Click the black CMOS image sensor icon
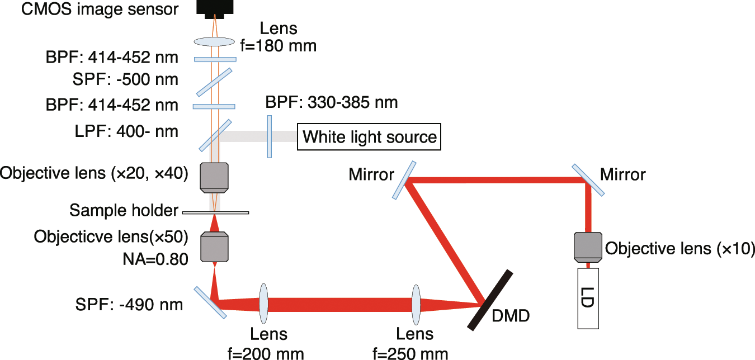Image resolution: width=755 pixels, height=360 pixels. pyautogui.click(x=214, y=8)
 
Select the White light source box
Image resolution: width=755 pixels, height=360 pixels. pyautogui.click(x=369, y=137)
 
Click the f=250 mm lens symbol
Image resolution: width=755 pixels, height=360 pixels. pyautogui.click(x=416, y=305)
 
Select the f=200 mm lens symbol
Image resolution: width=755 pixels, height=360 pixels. pyautogui.click(x=264, y=305)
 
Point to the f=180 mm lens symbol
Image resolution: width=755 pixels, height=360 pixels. pyautogui.click(x=214, y=41)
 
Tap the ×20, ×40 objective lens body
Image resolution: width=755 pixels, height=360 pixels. pyautogui.click(x=215, y=176)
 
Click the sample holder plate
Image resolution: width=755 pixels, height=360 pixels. pyautogui.click(x=215, y=212)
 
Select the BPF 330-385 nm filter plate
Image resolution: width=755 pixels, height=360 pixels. pyautogui.click(x=270, y=137)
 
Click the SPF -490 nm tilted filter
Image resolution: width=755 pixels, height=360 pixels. pyautogui.click(x=211, y=302)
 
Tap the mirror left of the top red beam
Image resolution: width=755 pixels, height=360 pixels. pyautogui.click(x=404, y=180)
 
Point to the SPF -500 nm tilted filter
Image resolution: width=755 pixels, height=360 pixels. pyautogui.click(x=215, y=82)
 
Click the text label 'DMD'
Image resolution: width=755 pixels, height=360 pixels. pyautogui.click(x=510, y=317)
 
